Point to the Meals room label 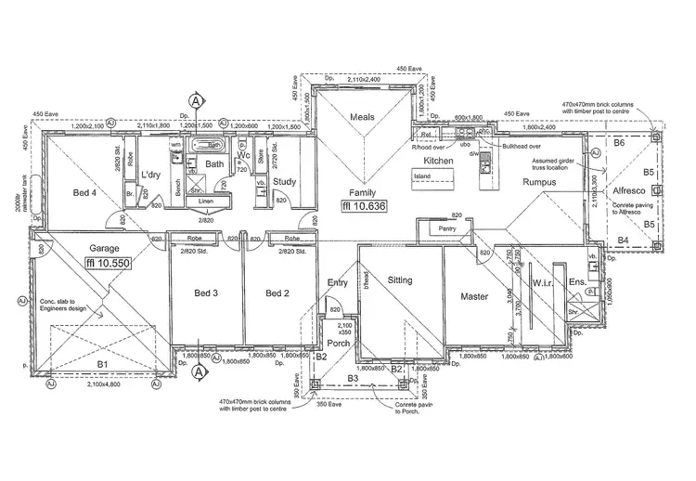(362, 117)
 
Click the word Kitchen (438, 161)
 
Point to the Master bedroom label (473, 296)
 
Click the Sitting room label (400, 279)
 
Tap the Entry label (337, 282)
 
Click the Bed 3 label (205, 293)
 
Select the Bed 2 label (278, 293)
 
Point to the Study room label (285, 181)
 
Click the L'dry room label (152, 175)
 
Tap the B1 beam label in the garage (103, 364)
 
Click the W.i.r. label (543, 282)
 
